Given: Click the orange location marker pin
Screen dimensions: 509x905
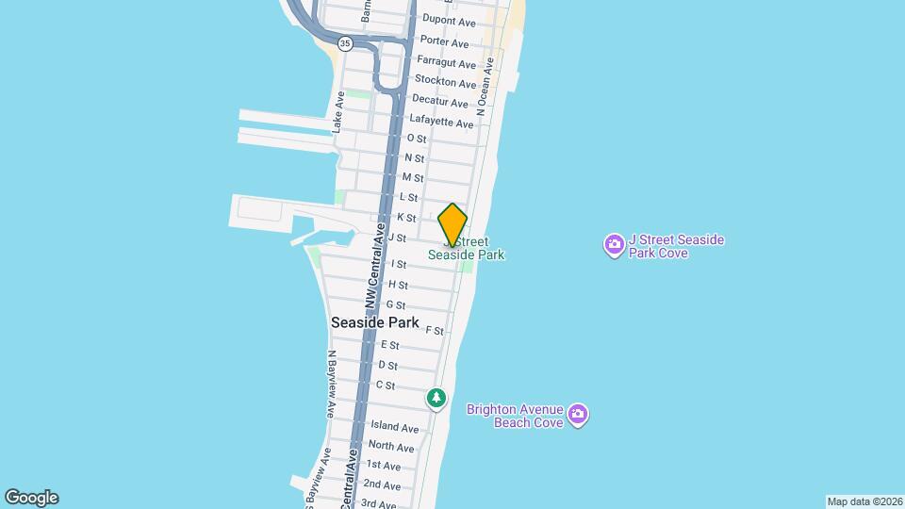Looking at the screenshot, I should (452, 224).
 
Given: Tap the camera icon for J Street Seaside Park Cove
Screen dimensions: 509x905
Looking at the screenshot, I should (614, 246).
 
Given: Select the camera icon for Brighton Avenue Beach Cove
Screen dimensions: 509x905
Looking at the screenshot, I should (578, 415).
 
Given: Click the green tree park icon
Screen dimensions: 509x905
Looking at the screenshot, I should (436, 400).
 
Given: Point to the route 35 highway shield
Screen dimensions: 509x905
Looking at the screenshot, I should (345, 43).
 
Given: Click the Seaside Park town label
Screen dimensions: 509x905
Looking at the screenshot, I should (374, 322).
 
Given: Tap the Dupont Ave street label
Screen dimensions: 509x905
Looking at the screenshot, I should (446, 19).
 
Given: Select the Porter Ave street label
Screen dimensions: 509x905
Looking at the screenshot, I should (444, 42).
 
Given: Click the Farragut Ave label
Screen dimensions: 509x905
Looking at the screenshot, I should (447, 63).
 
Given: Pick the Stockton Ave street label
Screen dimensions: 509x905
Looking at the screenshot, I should (445, 83).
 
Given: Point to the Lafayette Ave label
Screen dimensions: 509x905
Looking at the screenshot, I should (441, 123).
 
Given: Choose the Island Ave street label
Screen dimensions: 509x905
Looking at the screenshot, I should (394, 427).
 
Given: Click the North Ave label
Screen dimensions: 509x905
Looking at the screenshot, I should (391, 446).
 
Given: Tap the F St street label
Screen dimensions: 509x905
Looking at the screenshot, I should (435, 331).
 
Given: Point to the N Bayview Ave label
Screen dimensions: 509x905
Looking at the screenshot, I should (331, 385).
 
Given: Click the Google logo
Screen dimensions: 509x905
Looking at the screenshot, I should (31, 498).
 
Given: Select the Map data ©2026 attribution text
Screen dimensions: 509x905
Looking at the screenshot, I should (864, 501).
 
